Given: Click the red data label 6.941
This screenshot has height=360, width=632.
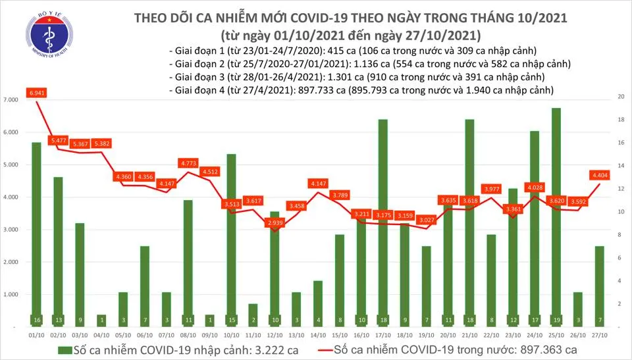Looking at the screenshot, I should click(x=36, y=93).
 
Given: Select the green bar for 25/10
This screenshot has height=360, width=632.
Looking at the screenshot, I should click(x=556, y=217).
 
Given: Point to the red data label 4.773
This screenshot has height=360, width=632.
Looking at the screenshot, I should click(x=188, y=162).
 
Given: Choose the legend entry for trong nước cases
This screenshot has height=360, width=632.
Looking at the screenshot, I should click(x=454, y=349).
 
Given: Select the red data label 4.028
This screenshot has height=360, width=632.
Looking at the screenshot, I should click(x=534, y=187).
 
